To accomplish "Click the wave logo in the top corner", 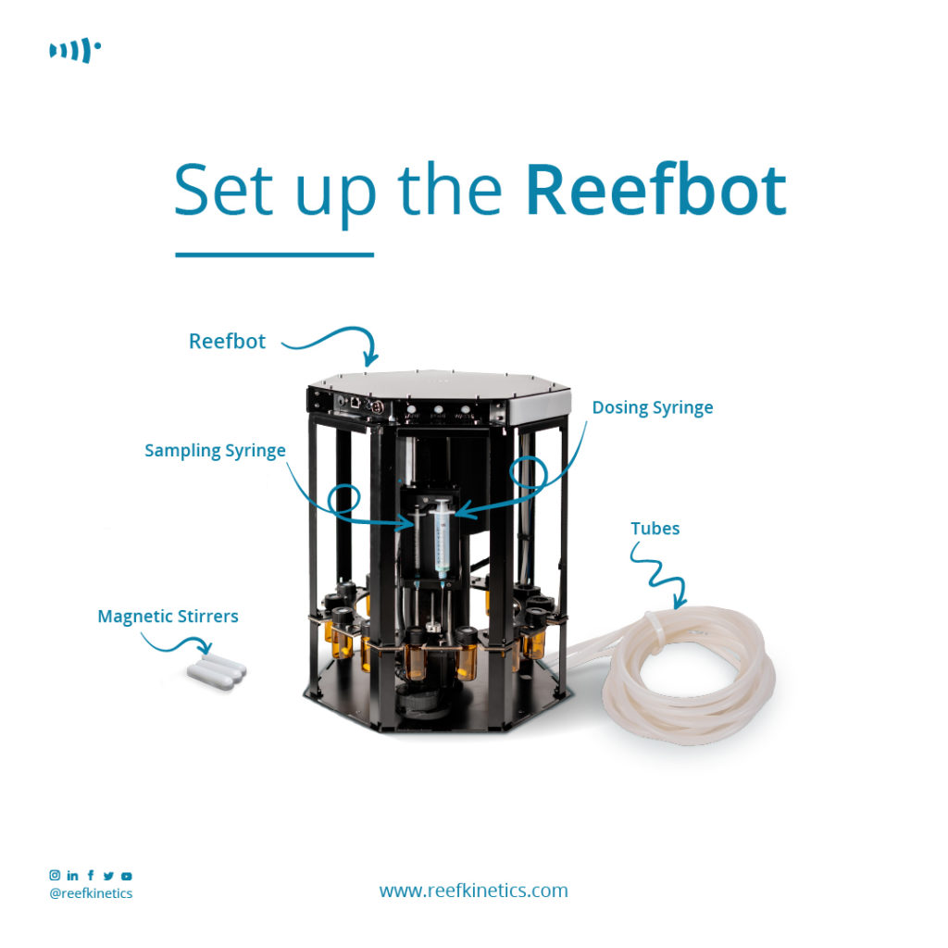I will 74,51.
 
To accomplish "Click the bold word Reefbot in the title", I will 655,190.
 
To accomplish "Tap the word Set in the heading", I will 223,190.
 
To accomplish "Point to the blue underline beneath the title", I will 274,254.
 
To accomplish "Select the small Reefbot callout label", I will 227,342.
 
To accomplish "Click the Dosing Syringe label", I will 653,408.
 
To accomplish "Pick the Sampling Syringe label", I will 215,451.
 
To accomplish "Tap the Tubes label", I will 655,530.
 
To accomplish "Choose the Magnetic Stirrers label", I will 168,616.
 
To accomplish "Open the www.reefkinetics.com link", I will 473,891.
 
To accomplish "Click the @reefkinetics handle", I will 91,893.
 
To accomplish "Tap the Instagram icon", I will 55,875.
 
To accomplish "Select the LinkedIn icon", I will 72,875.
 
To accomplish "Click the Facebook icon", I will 90,875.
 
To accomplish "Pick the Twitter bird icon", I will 108,875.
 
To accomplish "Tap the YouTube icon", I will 127,875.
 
